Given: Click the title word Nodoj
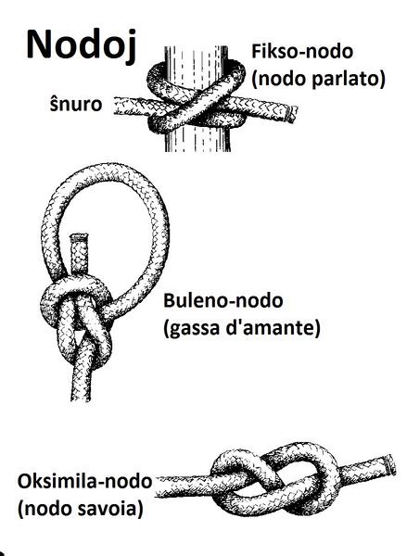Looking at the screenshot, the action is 82,45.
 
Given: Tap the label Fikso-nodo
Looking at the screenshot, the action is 302,51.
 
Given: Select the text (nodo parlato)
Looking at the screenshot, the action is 318,79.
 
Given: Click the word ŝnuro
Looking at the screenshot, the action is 76,104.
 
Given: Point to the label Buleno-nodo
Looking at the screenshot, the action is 223,300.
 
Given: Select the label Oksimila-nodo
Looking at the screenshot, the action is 84,482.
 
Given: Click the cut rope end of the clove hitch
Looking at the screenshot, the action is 292,114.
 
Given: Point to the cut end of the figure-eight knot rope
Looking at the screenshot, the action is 391,464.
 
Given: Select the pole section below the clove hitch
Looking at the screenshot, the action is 197,141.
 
